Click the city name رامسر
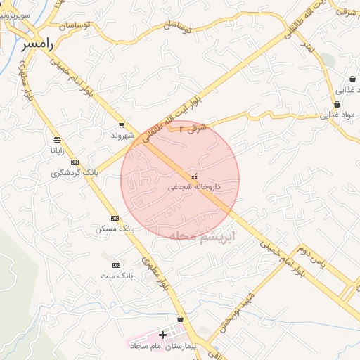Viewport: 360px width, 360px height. pyautogui.click(x=37, y=44)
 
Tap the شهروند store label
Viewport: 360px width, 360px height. pyautogui.click(x=121, y=134)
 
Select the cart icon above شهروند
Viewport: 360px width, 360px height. pyautogui.click(x=122, y=124)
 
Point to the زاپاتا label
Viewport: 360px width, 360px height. pyautogui.click(x=56, y=150)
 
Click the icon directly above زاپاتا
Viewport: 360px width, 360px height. pyautogui.click(x=56, y=139)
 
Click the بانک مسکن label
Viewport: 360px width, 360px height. pyautogui.click(x=114, y=229)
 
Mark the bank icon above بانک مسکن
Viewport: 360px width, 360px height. pyautogui.click(x=115, y=218)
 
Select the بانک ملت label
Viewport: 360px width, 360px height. pyautogui.click(x=116, y=276)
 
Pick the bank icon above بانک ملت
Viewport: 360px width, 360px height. pyautogui.click(x=116, y=265)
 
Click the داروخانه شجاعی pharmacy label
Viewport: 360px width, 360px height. pyautogui.click(x=195, y=187)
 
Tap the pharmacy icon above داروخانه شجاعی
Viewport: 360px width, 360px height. pyautogui.click(x=195, y=176)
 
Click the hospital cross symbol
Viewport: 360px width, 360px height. pyautogui.click(x=163, y=335)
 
